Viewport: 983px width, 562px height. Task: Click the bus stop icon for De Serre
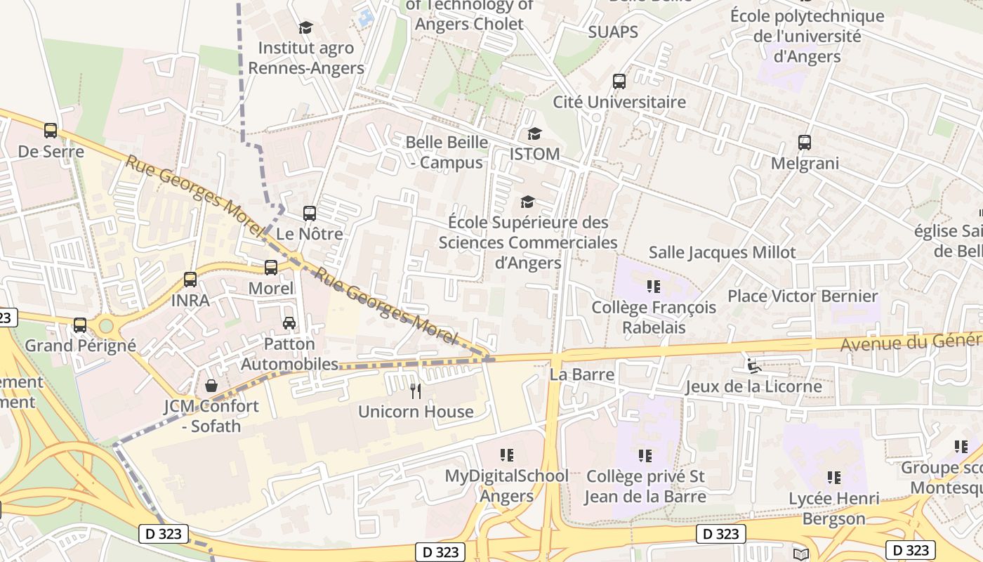pos(50,130)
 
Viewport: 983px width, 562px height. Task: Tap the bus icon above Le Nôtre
pos(309,213)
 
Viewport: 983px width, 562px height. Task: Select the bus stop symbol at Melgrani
pos(805,143)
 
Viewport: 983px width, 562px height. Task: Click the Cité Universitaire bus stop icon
pos(619,81)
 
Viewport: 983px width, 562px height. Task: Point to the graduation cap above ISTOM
pos(534,133)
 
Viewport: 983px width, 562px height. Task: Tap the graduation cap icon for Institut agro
pos(305,27)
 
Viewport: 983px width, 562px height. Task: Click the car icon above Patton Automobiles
pos(289,323)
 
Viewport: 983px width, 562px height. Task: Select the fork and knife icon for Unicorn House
pos(416,391)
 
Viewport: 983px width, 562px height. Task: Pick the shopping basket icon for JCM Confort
pos(211,385)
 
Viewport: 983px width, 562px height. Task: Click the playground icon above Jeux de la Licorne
pos(753,365)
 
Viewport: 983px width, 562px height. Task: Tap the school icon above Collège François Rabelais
pos(654,286)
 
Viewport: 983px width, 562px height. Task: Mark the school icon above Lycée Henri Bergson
pos(833,478)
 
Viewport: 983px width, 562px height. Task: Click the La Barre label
pos(581,374)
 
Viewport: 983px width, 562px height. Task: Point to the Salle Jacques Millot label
pos(722,252)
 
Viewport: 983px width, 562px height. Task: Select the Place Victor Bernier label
pos(803,296)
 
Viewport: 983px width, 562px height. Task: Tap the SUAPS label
pos(613,32)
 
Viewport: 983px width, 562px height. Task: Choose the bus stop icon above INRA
pos(190,279)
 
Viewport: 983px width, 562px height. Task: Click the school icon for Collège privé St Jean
pos(645,456)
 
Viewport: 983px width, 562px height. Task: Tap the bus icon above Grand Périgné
pos(80,325)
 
